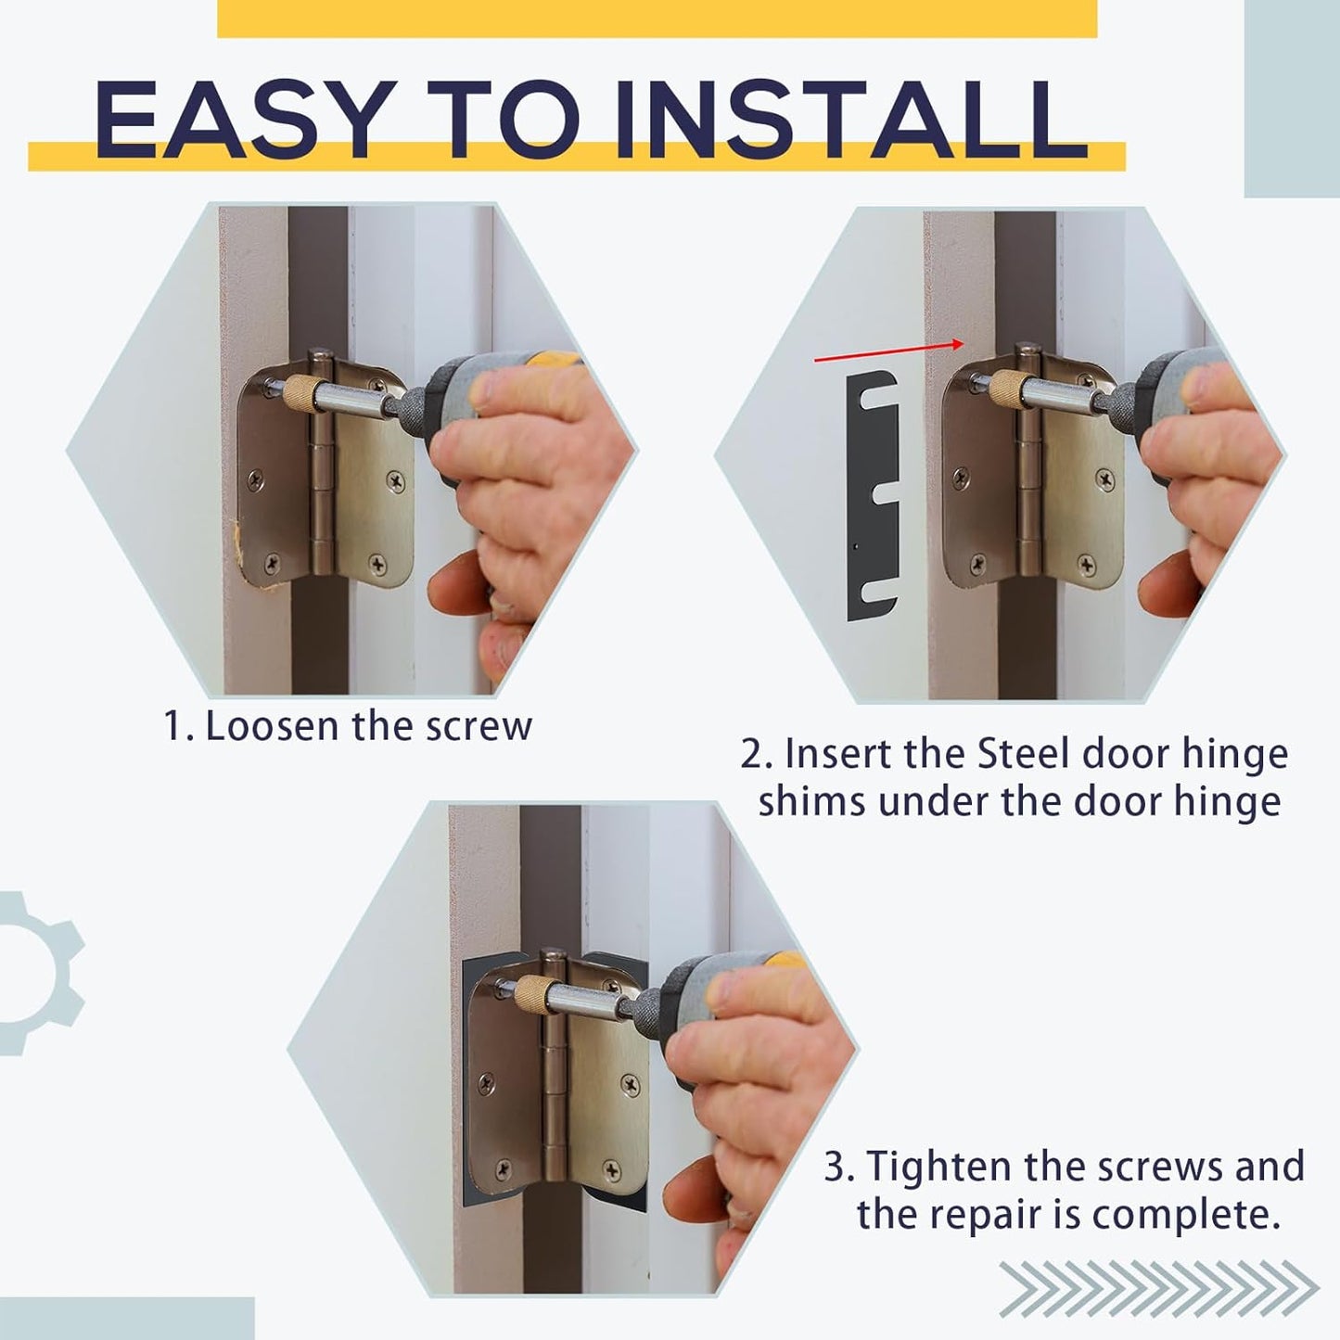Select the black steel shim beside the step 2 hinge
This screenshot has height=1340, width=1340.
(x=871, y=495)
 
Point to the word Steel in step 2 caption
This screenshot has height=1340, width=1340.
(x=1025, y=754)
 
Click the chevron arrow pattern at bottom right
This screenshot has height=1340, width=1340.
(x=1158, y=1289)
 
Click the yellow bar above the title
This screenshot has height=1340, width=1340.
(x=657, y=19)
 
